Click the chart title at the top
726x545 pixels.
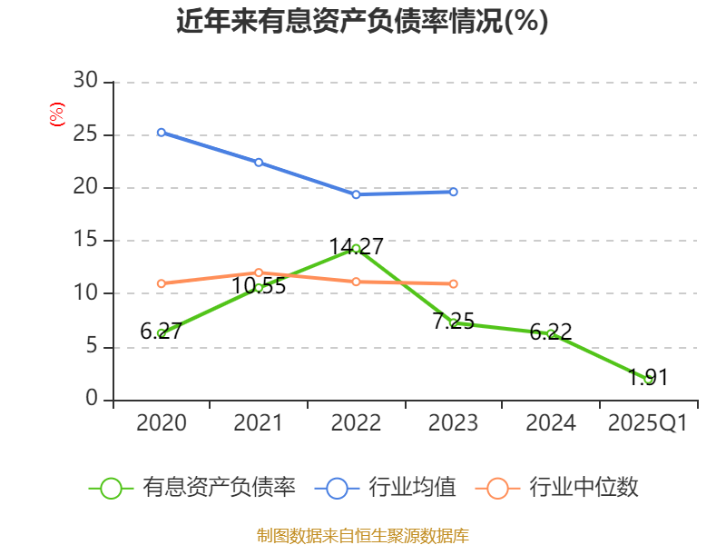362,21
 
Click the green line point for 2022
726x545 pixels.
356,248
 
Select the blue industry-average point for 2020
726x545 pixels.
161,133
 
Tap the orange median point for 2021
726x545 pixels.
259,272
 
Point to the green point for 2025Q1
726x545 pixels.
648,379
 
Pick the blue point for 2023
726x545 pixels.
453,192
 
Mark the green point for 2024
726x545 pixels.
551,334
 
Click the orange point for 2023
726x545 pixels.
453,284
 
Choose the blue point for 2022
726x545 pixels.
356,194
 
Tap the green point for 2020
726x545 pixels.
161,333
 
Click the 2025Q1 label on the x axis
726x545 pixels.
647,423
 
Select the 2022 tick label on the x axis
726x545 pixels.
356,423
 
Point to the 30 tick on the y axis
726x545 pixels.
85,82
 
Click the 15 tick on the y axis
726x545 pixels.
85,241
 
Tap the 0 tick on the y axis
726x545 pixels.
91,399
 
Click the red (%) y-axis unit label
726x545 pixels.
56,115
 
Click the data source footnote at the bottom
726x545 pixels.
362,535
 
